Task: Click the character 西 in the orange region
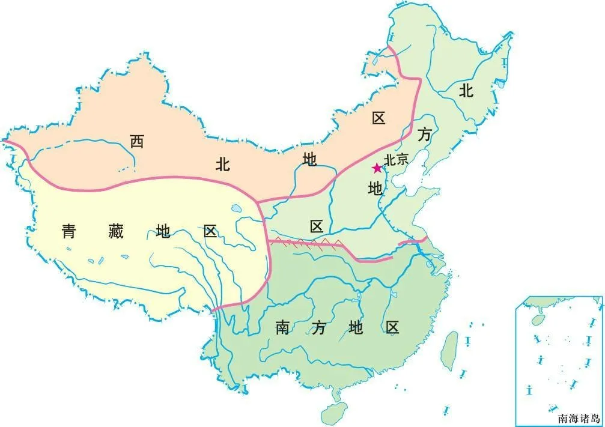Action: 138,142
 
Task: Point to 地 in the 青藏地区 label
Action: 163,231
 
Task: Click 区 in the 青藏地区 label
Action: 210,231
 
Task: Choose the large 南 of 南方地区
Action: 282,327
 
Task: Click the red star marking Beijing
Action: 377,168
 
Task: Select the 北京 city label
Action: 397,160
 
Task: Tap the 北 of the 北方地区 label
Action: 466,91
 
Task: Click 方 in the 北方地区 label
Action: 425,135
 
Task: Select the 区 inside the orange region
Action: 378,118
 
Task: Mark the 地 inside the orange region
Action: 310,159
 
